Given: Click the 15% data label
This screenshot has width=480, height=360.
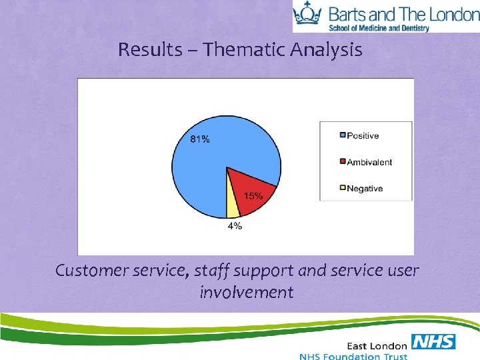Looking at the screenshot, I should coord(253,195).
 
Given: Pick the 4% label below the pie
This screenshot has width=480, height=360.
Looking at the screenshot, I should coord(235,226).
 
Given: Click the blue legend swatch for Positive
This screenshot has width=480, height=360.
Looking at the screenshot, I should coord(343,135).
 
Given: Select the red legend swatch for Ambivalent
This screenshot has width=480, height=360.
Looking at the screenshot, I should coord(343,162).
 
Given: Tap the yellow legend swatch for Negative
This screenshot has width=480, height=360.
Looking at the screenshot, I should coord(343,188).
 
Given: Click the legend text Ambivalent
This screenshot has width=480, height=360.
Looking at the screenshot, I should coord(369,162).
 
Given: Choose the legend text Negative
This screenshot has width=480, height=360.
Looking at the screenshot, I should coord(365,188).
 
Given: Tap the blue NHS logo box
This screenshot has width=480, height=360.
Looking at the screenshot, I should coord(433,342).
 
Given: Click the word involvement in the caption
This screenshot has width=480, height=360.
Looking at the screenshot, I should coord(246,292).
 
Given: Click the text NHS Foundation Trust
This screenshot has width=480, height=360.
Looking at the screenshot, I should coord(353,356).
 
